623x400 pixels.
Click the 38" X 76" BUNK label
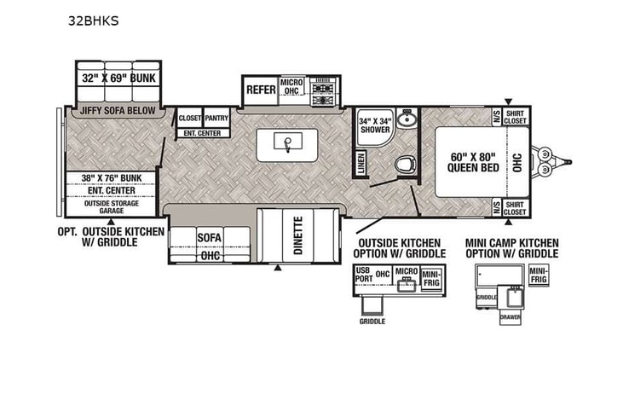[110, 178]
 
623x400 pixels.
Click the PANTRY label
[216, 119]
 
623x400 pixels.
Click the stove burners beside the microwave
[324, 93]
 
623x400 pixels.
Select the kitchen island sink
[290, 142]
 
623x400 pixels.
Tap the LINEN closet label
[361, 161]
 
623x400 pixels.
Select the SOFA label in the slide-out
[210, 238]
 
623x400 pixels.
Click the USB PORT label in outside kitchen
[365, 273]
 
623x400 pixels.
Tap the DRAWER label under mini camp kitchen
[510, 316]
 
